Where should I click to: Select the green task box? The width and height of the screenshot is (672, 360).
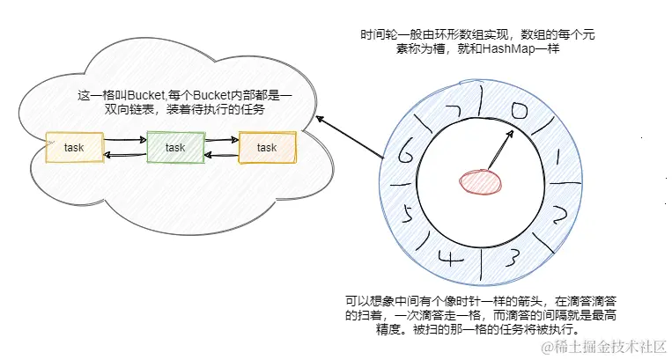pos(175,148)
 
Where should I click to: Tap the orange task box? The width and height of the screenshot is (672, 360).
pos(268,148)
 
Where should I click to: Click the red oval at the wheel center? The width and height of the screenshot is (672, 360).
pos(479,181)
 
